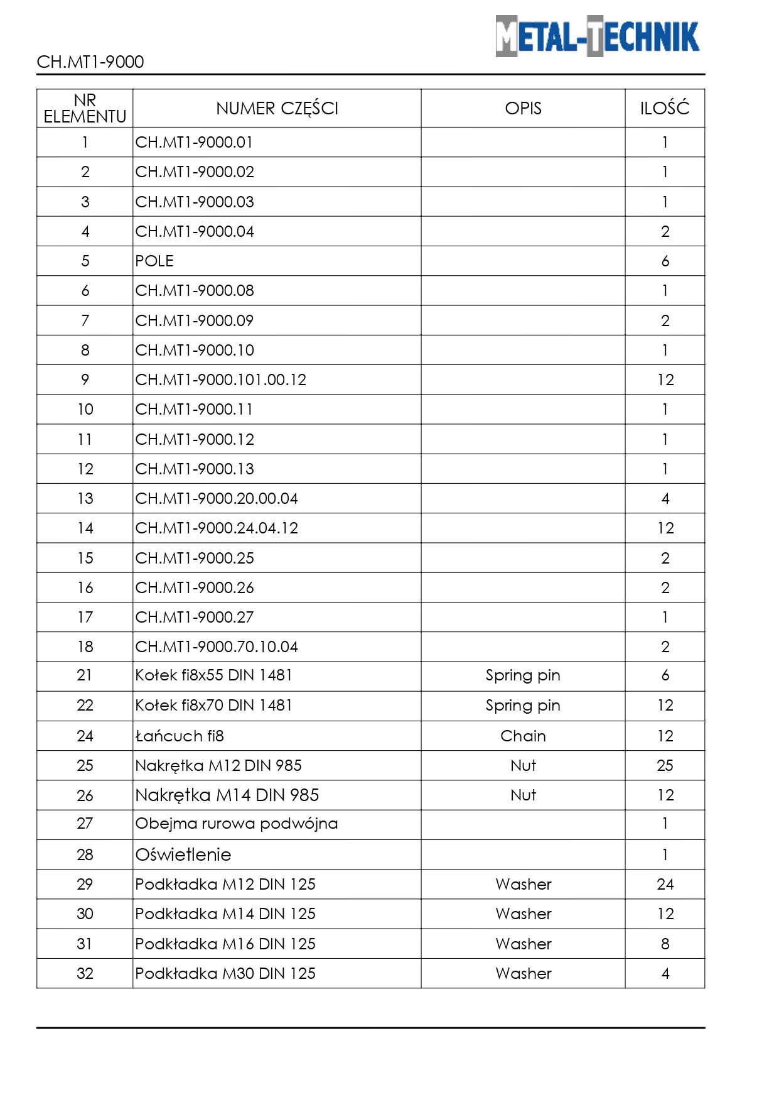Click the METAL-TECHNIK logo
click(x=597, y=36)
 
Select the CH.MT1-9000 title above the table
click(x=90, y=62)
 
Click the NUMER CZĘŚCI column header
click(x=277, y=109)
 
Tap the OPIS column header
click(x=523, y=109)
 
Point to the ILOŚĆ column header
click(x=665, y=109)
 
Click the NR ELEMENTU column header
click(x=85, y=109)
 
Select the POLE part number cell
click(x=154, y=261)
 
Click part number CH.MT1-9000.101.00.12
click(x=221, y=379)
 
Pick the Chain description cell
click(x=523, y=736)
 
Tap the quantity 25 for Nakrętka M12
click(x=665, y=765)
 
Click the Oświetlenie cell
click(x=183, y=854)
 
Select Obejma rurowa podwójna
click(x=237, y=824)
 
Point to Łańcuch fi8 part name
click(x=180, y=736)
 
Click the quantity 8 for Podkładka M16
click(x=665, y=944)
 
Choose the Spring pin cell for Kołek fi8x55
click(x=523, y=675)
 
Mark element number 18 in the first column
click(x=85, y=646)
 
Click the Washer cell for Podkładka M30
click(x=523, y=973)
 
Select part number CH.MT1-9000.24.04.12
click(x=217, y=528)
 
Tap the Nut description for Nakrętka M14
click(x=523, y=795)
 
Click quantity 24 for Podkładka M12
click(x=665, y=884)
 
